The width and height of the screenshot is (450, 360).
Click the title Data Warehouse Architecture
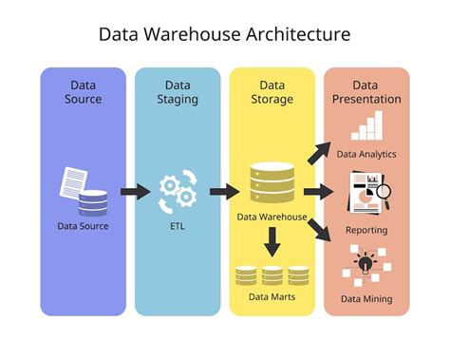225,34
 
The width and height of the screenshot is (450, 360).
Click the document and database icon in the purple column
83,190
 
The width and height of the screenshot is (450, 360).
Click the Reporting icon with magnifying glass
366,190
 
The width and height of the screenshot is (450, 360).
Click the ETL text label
177,226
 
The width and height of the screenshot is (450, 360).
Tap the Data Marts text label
272,298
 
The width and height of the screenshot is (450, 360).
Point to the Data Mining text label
366,300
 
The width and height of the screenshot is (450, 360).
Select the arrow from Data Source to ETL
135,192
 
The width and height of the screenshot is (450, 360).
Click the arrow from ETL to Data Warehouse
224,192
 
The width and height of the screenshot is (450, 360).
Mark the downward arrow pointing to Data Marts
272,246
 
